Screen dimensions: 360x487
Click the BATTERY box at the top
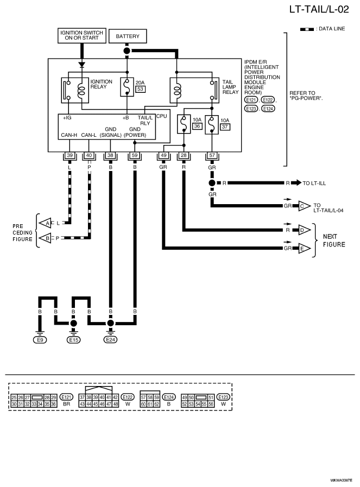point(128,36)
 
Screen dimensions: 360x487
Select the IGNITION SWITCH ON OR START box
point(81,35)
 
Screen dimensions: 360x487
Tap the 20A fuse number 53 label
point(141,89)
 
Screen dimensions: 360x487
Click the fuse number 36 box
point(197,126)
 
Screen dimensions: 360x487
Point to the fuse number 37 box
point(225,127)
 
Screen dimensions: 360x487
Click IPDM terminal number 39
point(70,155)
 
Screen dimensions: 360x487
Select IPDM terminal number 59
point(135,155)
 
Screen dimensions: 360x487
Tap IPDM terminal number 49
point(163,155)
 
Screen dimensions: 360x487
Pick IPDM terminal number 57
point(212,155)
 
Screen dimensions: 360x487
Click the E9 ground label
point(40,340)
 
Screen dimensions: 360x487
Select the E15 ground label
point(74,340)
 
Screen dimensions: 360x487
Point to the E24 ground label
point(111,339)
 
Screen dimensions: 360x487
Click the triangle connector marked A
point(45,223)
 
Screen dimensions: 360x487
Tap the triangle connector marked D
point(304,230)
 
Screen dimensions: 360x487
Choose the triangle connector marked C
point(304,206)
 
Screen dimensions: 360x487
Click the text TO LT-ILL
point(314,184)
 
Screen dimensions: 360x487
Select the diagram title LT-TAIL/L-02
point(319,9)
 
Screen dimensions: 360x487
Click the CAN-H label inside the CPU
point(69,135)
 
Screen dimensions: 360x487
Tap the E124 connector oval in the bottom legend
point(169,397)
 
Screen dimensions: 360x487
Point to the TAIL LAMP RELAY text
point(230,87)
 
